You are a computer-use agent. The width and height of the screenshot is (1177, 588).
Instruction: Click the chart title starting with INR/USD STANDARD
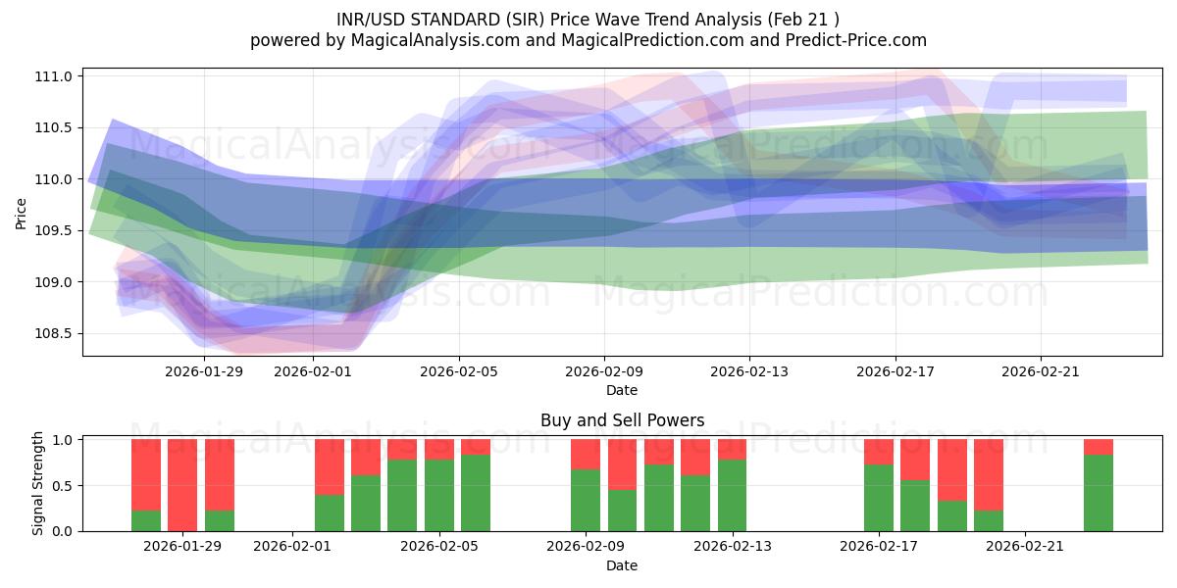588,19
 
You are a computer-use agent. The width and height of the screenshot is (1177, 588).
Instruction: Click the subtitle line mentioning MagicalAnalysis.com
588,40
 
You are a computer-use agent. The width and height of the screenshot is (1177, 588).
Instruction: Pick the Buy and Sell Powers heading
622,420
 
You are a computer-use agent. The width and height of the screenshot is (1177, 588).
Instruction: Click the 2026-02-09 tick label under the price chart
604,371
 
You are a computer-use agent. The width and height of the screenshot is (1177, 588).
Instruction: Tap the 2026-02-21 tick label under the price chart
1041,371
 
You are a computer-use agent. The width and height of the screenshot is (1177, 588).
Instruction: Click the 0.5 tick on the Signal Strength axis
65,486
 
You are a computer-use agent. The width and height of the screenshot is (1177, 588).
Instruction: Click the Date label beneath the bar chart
622,565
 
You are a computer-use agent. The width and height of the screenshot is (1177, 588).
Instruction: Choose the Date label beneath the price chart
622,390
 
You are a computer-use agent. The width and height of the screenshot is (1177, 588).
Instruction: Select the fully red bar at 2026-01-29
182,485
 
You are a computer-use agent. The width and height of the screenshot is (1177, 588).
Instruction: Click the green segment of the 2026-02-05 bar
439,496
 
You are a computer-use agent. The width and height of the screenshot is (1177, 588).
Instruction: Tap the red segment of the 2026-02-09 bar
586,454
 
